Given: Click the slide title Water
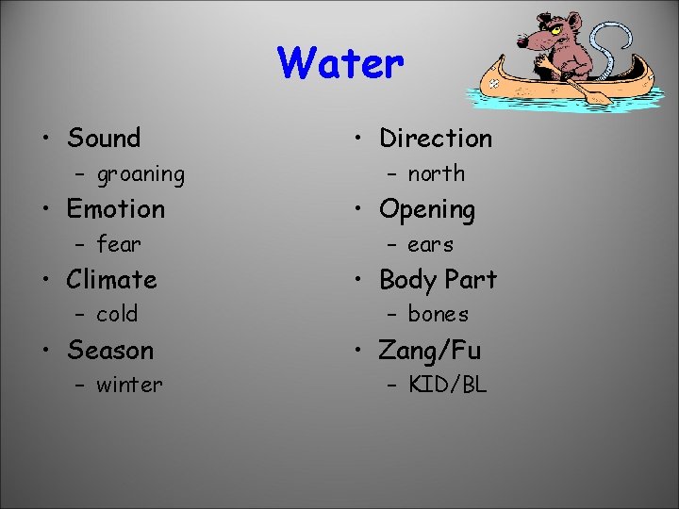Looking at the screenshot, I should coord(340,64).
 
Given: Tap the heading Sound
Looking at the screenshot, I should coord(104,139).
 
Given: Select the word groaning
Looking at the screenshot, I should coord(141,174).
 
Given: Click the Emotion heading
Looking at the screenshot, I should coord(116,209).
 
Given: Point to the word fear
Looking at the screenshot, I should coord(119,245).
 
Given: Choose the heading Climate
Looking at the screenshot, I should coord(111,280).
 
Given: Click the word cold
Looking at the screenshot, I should coord(117,315).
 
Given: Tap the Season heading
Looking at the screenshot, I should coord(110,351).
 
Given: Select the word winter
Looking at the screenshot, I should coord(129,386).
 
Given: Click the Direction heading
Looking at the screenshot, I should coord(436,139).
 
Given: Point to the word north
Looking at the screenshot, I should coord(437,174).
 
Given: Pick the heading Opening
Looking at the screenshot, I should coord(427,209).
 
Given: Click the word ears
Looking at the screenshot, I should coord(430,245).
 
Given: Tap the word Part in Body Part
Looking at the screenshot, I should coord(471,280).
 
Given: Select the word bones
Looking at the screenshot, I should coord(438,315).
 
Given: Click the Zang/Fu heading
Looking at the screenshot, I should coord(430,351).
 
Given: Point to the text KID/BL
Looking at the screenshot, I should coord(447,386).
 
